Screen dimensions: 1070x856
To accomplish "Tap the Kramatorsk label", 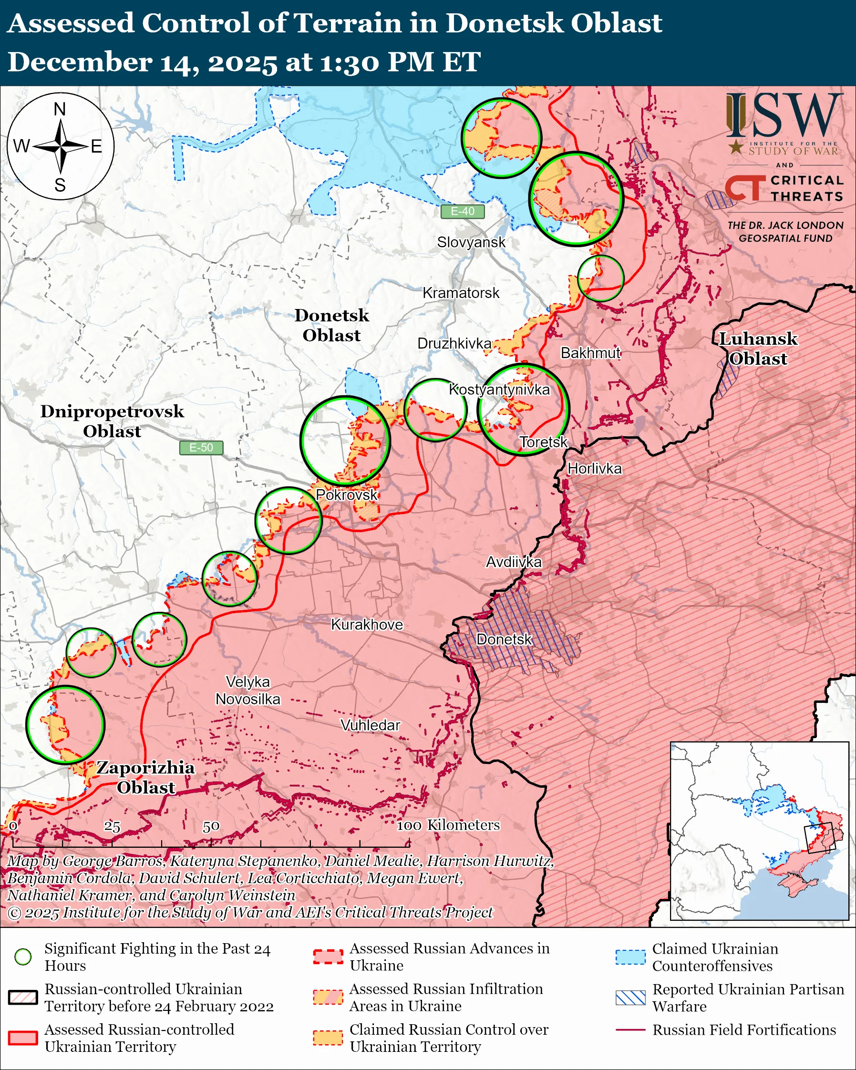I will (461, 293).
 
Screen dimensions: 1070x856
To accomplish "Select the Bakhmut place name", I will (590, 353).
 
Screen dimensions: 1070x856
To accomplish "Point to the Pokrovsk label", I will (346, 495).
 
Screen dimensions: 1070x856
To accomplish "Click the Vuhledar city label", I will (370, 725).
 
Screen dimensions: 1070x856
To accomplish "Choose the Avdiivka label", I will (513, 562).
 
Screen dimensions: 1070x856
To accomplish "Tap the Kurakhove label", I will (367, 624).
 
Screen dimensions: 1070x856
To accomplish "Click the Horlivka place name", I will (594, 469).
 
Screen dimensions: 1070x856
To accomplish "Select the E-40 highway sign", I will (462, 211).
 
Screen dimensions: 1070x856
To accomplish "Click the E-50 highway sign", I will (201, 448).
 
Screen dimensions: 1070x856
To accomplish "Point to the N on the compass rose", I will (60, 109).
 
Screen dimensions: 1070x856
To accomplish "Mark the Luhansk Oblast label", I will (758, 349).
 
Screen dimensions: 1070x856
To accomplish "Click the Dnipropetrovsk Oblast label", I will (112, 421).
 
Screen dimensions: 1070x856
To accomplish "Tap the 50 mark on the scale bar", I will (211, 826).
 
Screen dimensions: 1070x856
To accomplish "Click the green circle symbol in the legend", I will (23, 957).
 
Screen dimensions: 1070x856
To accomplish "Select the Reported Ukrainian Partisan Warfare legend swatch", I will (630, 998).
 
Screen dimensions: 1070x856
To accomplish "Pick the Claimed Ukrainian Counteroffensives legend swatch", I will (630, 957).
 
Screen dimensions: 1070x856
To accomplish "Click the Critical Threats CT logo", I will (744, 189).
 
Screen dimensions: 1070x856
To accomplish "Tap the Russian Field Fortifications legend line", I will (630, 1030).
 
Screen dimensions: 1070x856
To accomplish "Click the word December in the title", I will (79, 62).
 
